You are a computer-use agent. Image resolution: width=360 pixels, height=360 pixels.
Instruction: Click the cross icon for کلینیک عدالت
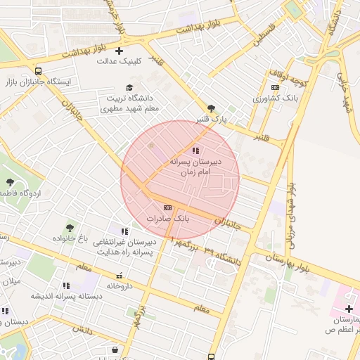click(x=119, y=51)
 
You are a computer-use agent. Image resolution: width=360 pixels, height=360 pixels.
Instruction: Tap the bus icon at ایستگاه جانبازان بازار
click(x=38, y=71)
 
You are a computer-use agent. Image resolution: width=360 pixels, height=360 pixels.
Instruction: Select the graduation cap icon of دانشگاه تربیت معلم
click(x=129, y=87)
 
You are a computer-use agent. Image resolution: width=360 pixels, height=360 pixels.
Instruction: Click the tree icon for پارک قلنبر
click(x=211, y=109)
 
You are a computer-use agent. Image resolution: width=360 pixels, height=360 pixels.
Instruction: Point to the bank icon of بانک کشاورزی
click(x=275, y=87)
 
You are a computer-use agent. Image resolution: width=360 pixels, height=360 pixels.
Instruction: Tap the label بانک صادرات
click(x=168, y=219)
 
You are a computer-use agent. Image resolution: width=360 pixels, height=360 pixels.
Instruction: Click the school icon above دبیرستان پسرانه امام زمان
click(x=195, y=150)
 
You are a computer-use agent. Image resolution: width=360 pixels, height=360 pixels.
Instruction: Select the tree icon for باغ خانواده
click(x=70, y=228)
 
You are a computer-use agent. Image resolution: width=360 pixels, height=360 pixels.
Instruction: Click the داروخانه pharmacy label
click(x=120, y=286)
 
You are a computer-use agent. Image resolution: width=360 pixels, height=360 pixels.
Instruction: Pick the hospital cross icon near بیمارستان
click(x=349, y=309)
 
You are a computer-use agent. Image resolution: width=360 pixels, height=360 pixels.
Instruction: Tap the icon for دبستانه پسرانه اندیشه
click(x=66, y=285)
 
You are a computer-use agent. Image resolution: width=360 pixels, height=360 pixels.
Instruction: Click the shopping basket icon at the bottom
click(x=115, y=349)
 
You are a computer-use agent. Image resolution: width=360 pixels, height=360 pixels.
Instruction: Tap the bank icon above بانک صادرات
click(x=167, y=207)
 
